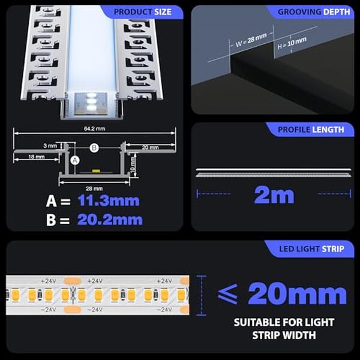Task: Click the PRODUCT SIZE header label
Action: pyautogui.click(x=142, y=11)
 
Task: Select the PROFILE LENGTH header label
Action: pyautogui.click(x=311, y=129)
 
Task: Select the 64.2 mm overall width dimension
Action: pyautogui.click(x=95, y=128)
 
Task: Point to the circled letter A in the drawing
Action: pyautogui.click(x=74, y=160)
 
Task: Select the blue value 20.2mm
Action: pyautogui.click(x=109, y=220)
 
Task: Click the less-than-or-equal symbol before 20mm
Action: pyautogui.click(x=229, y=294)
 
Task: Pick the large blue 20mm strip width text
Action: pyautogui.click(x=296, y=294)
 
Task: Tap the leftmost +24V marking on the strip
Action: pyautogui.click(x=49, y=281)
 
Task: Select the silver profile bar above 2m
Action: pyautogui.click(x=273, y=173)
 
